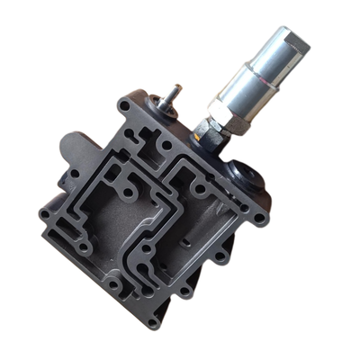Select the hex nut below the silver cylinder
tap(217, 126)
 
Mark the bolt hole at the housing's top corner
tap(123, 106)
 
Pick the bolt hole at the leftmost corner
tap(44, 214)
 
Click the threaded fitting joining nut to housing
tap(203, 139)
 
